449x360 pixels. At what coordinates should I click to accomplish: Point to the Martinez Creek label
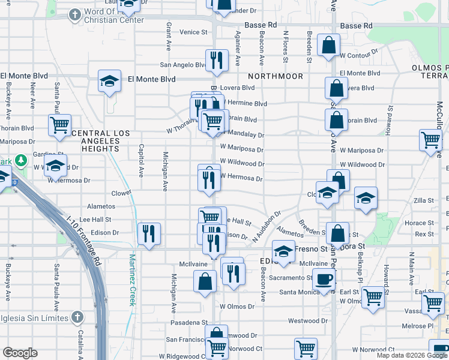pos(133,280)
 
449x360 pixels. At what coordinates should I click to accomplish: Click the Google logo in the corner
pos(20,353)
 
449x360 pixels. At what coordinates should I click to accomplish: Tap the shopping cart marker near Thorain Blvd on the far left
pos(59,125)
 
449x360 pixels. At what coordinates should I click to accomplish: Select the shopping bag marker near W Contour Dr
pos(329,45)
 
